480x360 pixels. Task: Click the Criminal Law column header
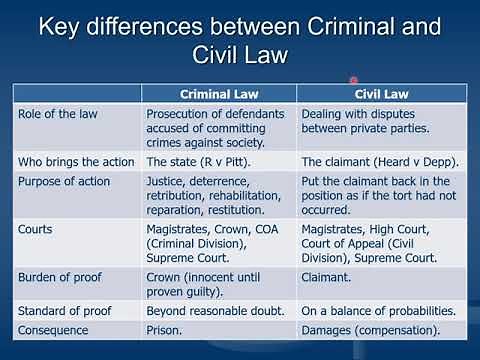220,94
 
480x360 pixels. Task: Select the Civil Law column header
380,94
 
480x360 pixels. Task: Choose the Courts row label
36,229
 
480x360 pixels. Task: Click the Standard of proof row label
65,310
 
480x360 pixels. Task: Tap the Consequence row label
53,329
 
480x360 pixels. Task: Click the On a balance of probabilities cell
378,310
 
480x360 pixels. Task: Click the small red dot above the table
353,80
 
